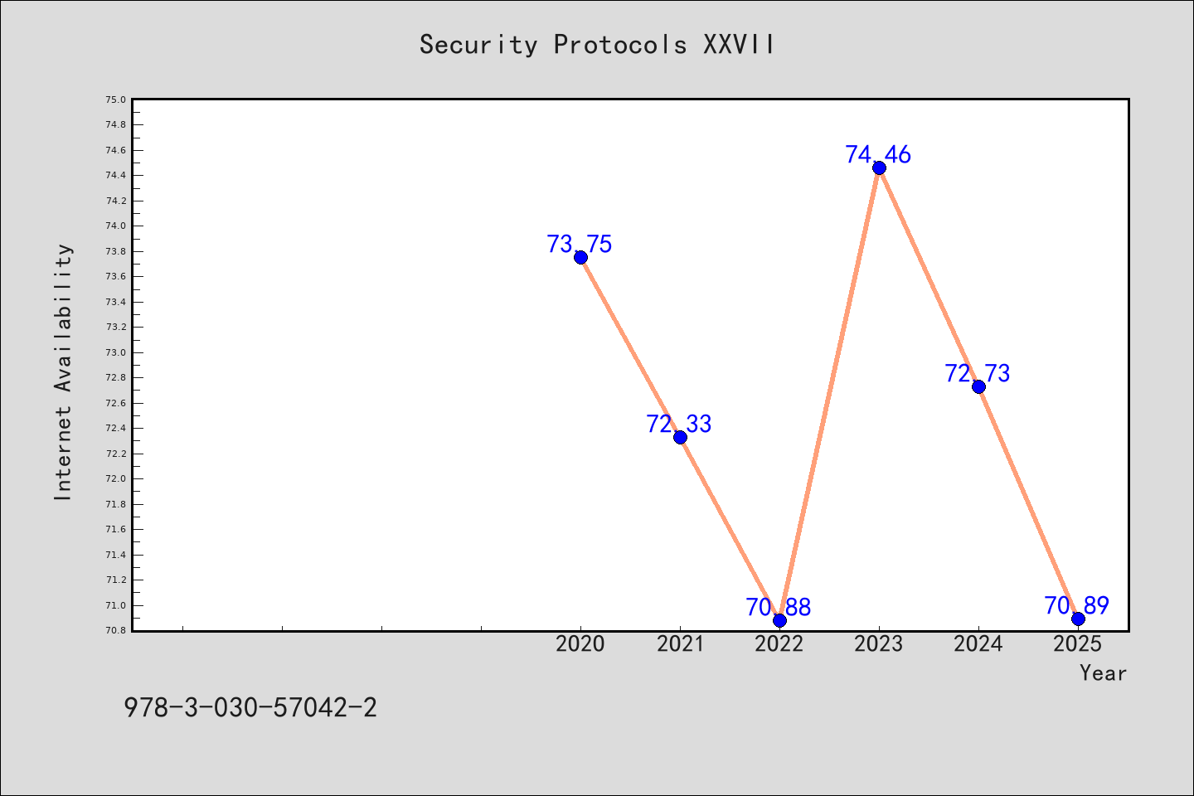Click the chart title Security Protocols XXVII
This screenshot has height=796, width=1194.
596,44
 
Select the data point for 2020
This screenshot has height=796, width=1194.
580,258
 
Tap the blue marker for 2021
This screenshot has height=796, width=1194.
680,437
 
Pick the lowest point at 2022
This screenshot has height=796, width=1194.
779,620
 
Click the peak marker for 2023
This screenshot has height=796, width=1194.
879,168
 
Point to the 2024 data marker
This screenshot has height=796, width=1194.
978,386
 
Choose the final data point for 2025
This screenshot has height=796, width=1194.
1078,619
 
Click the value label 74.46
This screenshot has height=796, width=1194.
878,154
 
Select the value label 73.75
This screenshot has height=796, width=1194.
580,244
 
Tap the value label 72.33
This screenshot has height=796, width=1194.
678,424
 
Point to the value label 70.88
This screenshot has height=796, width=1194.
779,607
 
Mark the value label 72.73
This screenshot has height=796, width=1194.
977,373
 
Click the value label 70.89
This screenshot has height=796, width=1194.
1077,605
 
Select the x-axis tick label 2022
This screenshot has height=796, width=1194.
779,644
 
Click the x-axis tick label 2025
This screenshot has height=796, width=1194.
1077,644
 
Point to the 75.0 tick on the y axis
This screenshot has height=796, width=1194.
116,99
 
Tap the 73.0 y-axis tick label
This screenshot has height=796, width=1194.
116,352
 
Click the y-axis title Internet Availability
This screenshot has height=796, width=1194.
62,372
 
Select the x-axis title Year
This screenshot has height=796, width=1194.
1103,673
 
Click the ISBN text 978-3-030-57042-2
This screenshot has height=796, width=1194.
250,707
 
